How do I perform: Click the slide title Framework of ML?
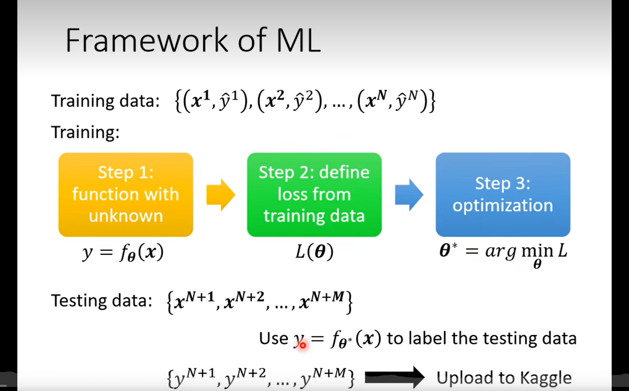(192, 40)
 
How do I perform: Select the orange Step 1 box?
(125, 194)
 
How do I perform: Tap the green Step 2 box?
(314, 194)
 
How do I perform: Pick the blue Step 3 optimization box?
(503, 194)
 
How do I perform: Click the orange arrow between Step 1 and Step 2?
(220, 195)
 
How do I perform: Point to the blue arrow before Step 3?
(409, 195)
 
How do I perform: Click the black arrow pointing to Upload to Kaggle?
(394, 376)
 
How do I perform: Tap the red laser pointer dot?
(303, 345)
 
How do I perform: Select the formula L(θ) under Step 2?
(314, 251)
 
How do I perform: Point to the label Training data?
(105, 101)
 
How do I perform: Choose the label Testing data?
(102, 301)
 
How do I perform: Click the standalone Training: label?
(85, 133)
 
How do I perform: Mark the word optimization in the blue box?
(503, 206)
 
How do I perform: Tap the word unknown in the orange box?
(126, 216)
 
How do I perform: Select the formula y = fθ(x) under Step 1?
(123, 252)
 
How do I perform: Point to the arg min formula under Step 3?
(504, 253)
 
